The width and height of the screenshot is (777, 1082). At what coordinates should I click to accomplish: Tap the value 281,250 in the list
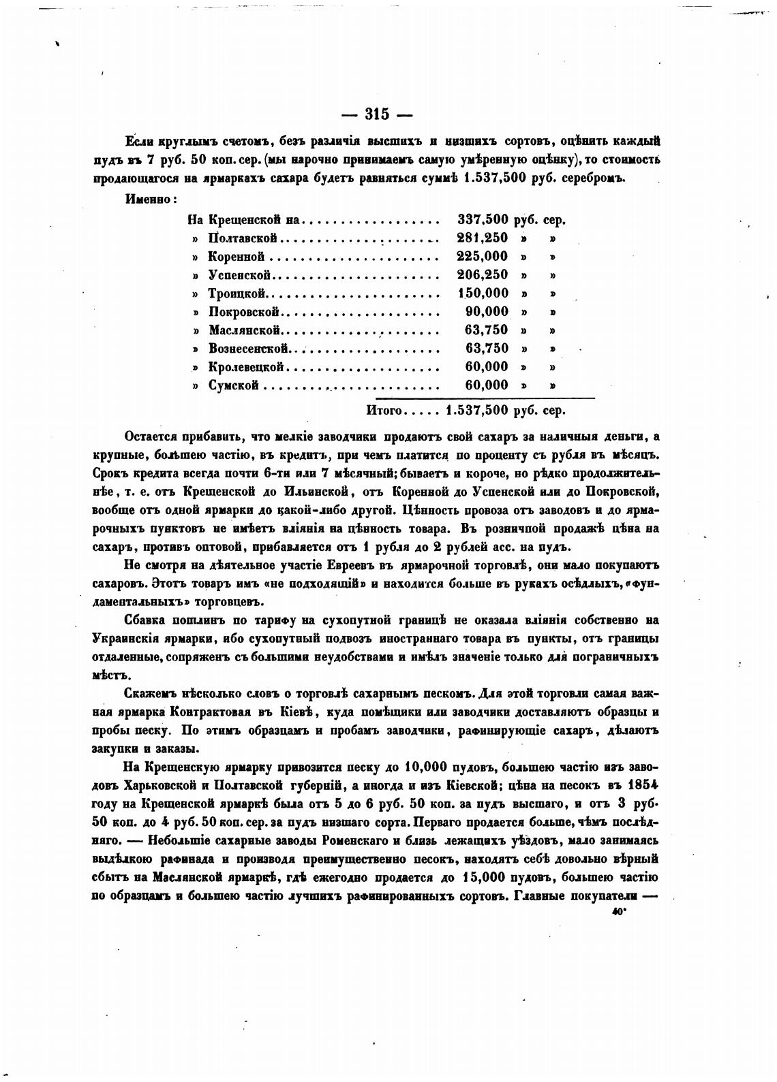(x=482, y=238)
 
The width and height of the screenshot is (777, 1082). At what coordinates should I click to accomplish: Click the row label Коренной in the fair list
(x=236, y=257)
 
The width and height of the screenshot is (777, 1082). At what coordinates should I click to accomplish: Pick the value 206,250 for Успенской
(x=482, y=275)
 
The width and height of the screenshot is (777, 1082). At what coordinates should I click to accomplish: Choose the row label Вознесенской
(x=249, y=349)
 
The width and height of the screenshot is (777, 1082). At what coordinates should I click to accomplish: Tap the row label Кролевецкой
(x=245, y=367)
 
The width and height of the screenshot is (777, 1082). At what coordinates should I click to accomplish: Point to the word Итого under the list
(x=386, y=411)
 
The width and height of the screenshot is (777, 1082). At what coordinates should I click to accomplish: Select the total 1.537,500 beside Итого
(x=476, y=411)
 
